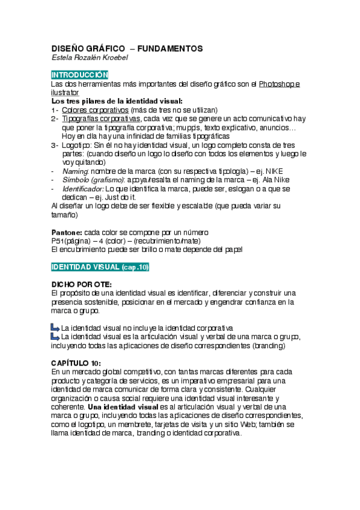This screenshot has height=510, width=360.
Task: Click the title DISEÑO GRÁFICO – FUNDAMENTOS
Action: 127,48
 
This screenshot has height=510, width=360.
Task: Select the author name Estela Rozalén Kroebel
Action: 89,58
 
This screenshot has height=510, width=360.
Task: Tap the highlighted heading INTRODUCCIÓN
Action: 79,75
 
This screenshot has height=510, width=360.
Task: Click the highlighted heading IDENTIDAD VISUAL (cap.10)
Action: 100,266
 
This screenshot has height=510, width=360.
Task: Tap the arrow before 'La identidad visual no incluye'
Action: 55,327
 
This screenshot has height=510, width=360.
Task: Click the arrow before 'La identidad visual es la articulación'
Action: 55,336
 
